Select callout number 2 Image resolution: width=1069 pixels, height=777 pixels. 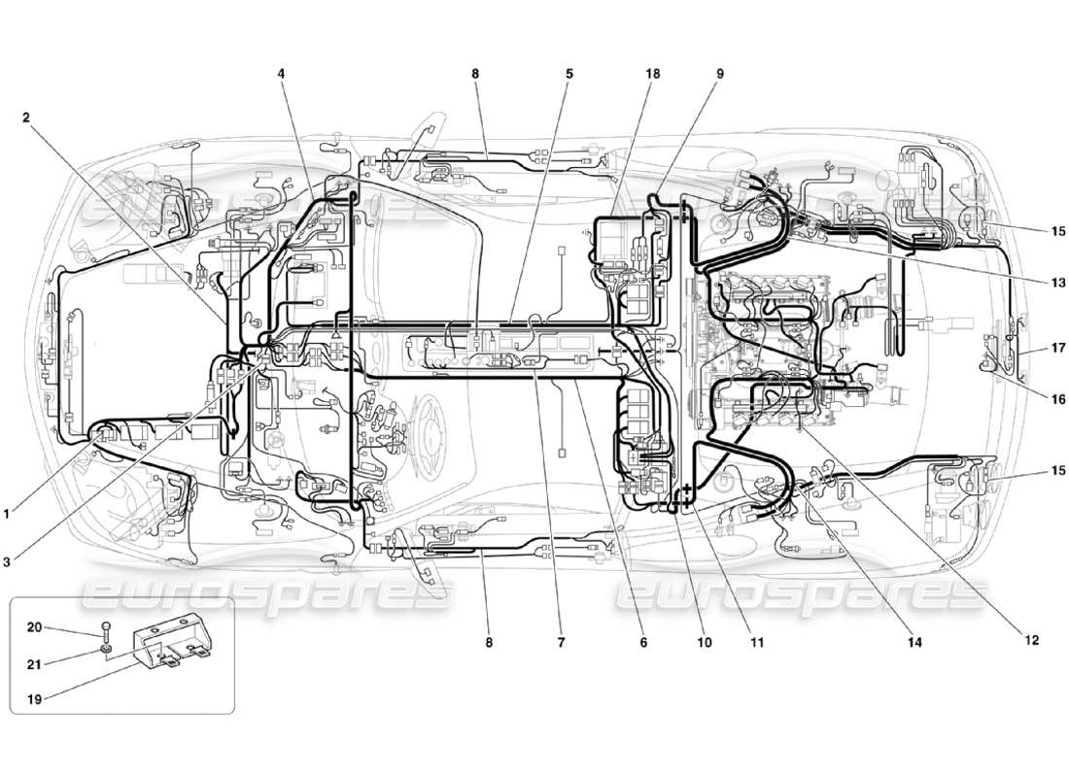[x=27, y=118]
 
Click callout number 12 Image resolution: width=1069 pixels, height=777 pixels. [x=1031, y=640]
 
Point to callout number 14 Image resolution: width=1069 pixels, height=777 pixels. [x=914, y=642]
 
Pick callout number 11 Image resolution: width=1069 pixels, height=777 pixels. [x=756, y=642]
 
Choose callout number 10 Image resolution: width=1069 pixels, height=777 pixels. [x=704, y=642]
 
